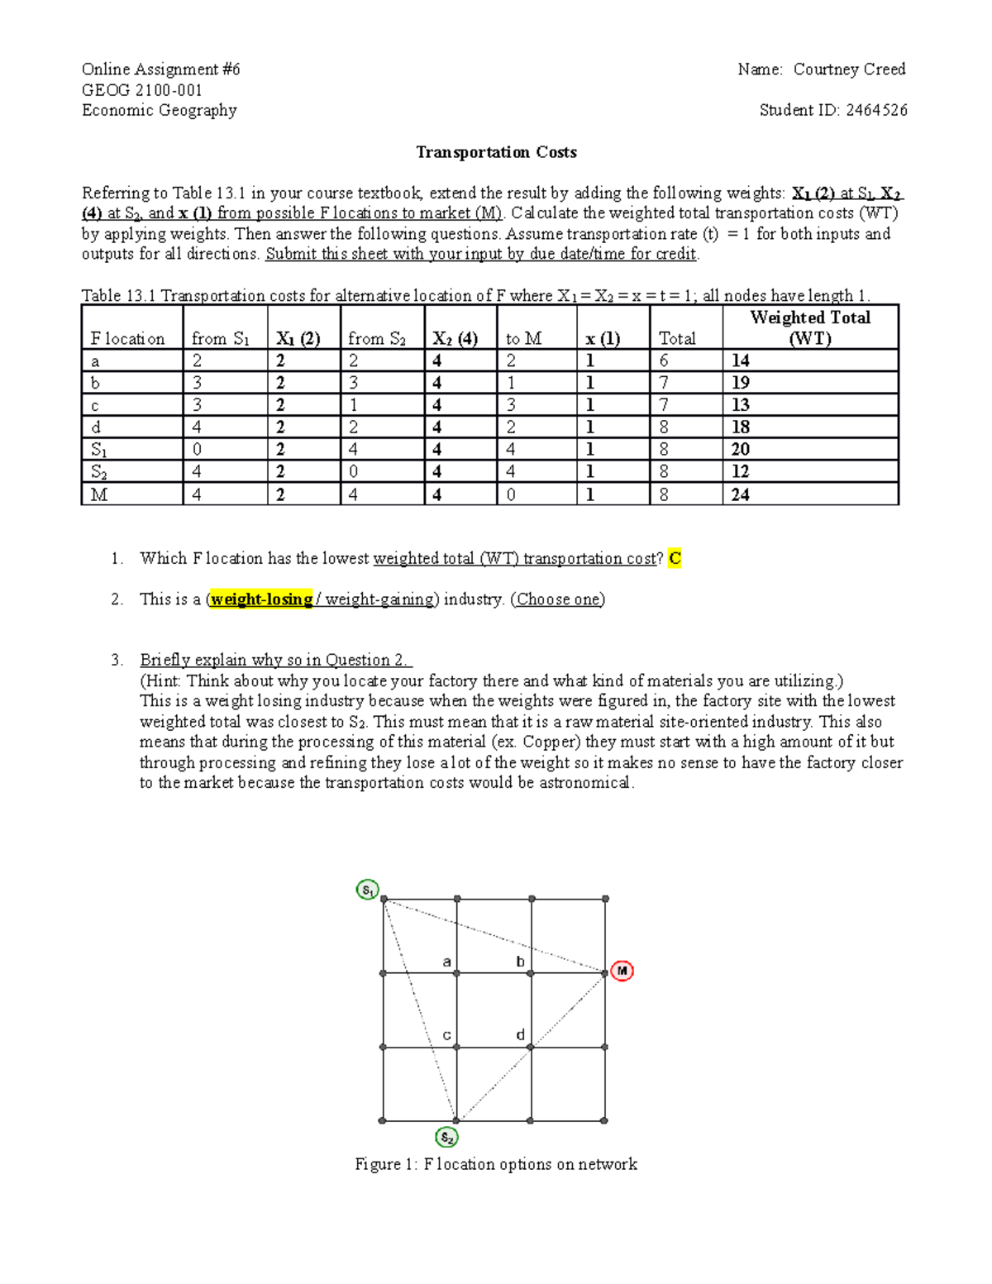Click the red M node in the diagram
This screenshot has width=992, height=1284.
pos(622,971)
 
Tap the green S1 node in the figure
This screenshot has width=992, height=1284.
pos(367,890)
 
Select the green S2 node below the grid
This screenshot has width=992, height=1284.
pos(446,1138)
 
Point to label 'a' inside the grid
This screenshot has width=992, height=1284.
pos(446,962)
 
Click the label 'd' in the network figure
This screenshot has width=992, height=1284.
pos(520,1034)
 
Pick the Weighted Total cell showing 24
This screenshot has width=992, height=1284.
pos(741,494)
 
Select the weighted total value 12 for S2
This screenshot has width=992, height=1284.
pos(741,471)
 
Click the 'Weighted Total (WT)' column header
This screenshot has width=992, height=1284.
pos(810,327)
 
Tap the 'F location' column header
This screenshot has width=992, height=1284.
pos(128,338)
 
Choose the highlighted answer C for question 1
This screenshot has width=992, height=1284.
pos(675,558)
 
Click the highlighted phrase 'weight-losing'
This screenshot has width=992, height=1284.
pos(261,599)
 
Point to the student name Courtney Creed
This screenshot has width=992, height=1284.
pos(849,69)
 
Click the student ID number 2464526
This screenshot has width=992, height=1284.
pos(876,110)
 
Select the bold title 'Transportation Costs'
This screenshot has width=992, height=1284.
pos(496,152)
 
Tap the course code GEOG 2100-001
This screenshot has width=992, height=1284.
pos(141,90)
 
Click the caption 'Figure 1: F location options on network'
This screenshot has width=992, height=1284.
pos(496,1164)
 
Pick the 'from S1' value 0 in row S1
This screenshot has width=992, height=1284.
pos(197,449)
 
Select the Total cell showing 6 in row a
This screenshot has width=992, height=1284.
pos(664,360)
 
